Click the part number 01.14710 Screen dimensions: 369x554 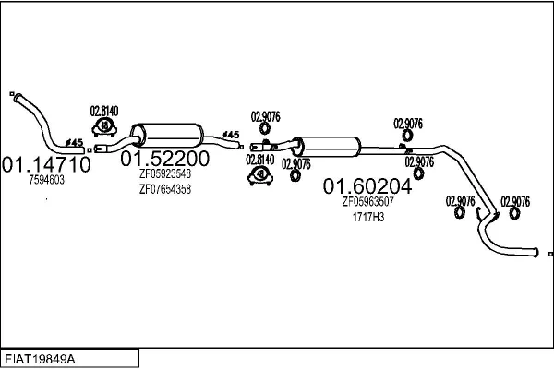46,165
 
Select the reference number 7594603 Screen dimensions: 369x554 46,181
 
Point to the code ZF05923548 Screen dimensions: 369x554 165,173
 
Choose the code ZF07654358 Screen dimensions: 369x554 165,189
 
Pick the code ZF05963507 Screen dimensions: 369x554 368,202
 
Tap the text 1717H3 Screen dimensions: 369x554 368,217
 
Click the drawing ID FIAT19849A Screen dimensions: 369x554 46,358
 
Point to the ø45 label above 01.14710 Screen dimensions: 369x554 75,141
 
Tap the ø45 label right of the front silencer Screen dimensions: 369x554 231,136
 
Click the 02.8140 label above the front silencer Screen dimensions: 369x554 104,112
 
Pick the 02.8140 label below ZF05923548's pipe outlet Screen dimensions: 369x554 261,159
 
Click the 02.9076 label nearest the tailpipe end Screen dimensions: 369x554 514,200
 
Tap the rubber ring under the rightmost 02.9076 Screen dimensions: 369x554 514,215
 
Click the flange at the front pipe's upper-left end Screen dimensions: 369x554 13,94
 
